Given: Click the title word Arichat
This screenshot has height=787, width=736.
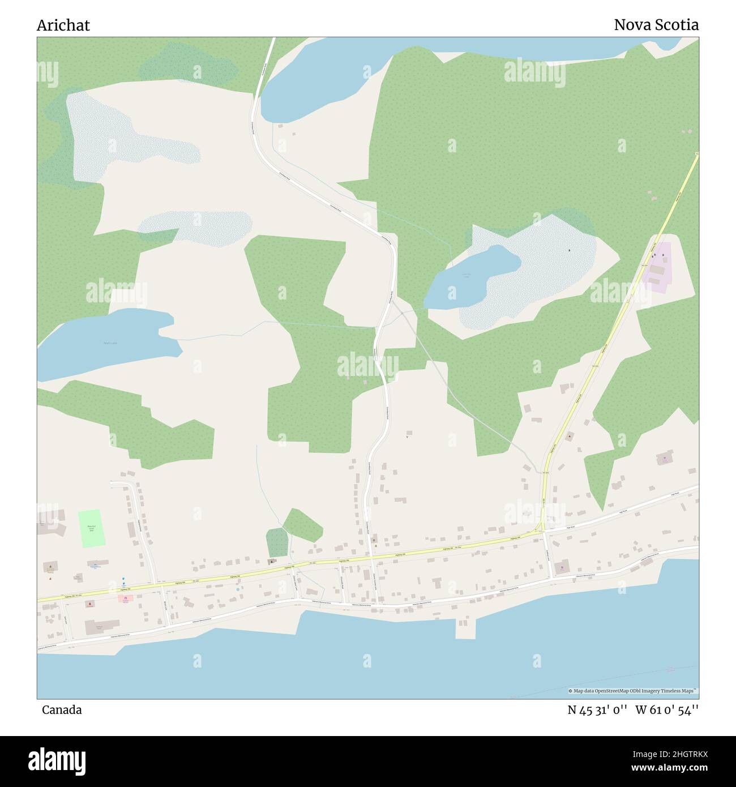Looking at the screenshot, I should [63, 25].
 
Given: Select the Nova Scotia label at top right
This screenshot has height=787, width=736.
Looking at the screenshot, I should [656, 25].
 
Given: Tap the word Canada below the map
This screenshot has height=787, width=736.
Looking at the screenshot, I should [61, 709].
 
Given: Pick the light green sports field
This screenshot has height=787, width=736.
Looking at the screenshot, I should [92, 528].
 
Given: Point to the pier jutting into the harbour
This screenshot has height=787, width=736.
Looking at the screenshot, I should [465, 628].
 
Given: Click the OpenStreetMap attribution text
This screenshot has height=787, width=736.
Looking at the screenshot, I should [632, 691].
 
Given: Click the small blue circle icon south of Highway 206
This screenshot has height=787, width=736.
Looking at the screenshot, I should [238, 589].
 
